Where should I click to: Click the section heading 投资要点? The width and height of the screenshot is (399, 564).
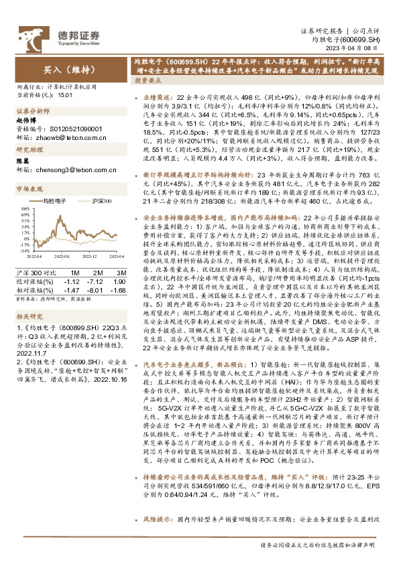tap(148, 79)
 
